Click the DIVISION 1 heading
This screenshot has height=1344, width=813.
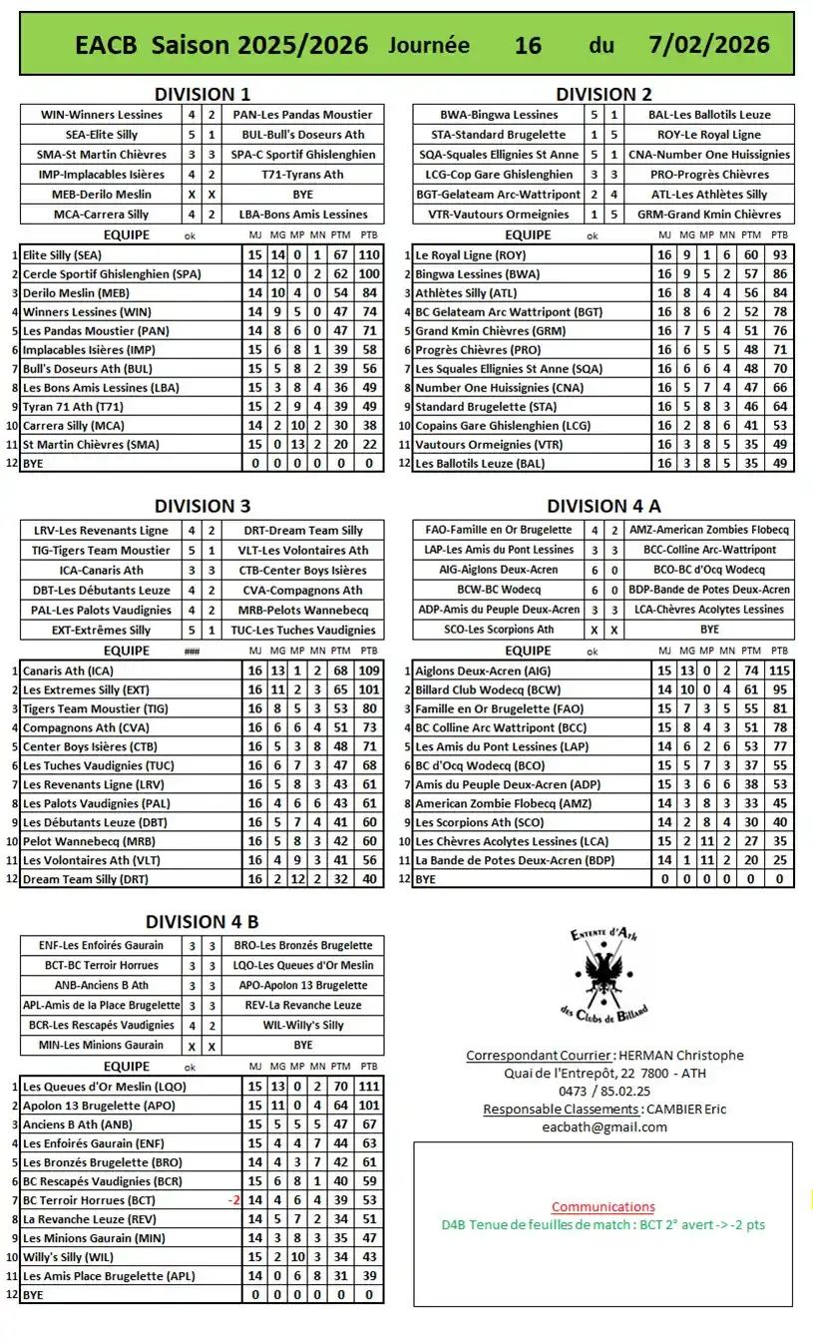203,94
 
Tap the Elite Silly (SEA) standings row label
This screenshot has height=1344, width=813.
63,254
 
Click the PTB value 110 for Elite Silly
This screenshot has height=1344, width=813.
370,254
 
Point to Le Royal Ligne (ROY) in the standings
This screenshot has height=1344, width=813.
470,254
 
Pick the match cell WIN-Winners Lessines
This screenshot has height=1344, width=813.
100,115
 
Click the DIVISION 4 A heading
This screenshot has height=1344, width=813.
604,506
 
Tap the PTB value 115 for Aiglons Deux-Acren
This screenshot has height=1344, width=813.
779,671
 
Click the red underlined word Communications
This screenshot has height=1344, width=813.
604,1206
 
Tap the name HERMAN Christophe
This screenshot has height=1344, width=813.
680,1055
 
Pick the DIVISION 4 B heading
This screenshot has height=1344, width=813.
203,921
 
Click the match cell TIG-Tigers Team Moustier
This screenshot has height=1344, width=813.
100,550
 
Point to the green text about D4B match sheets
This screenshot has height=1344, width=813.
603,1224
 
